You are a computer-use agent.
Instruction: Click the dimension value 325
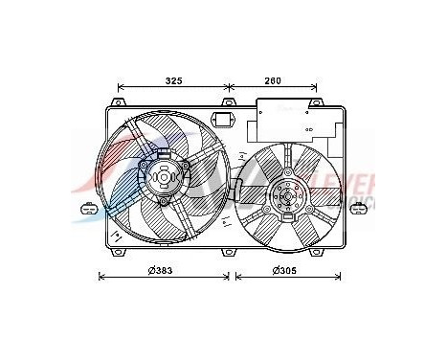coord(172,81)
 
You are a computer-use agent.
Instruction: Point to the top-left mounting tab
coord(120,102)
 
